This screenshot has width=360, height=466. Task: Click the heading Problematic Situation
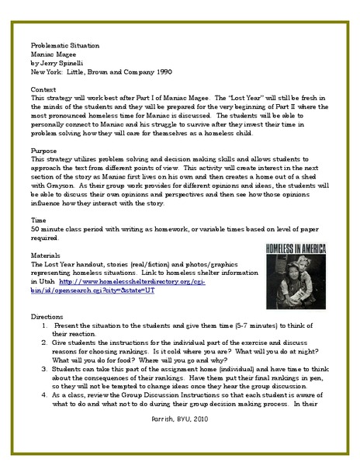(61, 45)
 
